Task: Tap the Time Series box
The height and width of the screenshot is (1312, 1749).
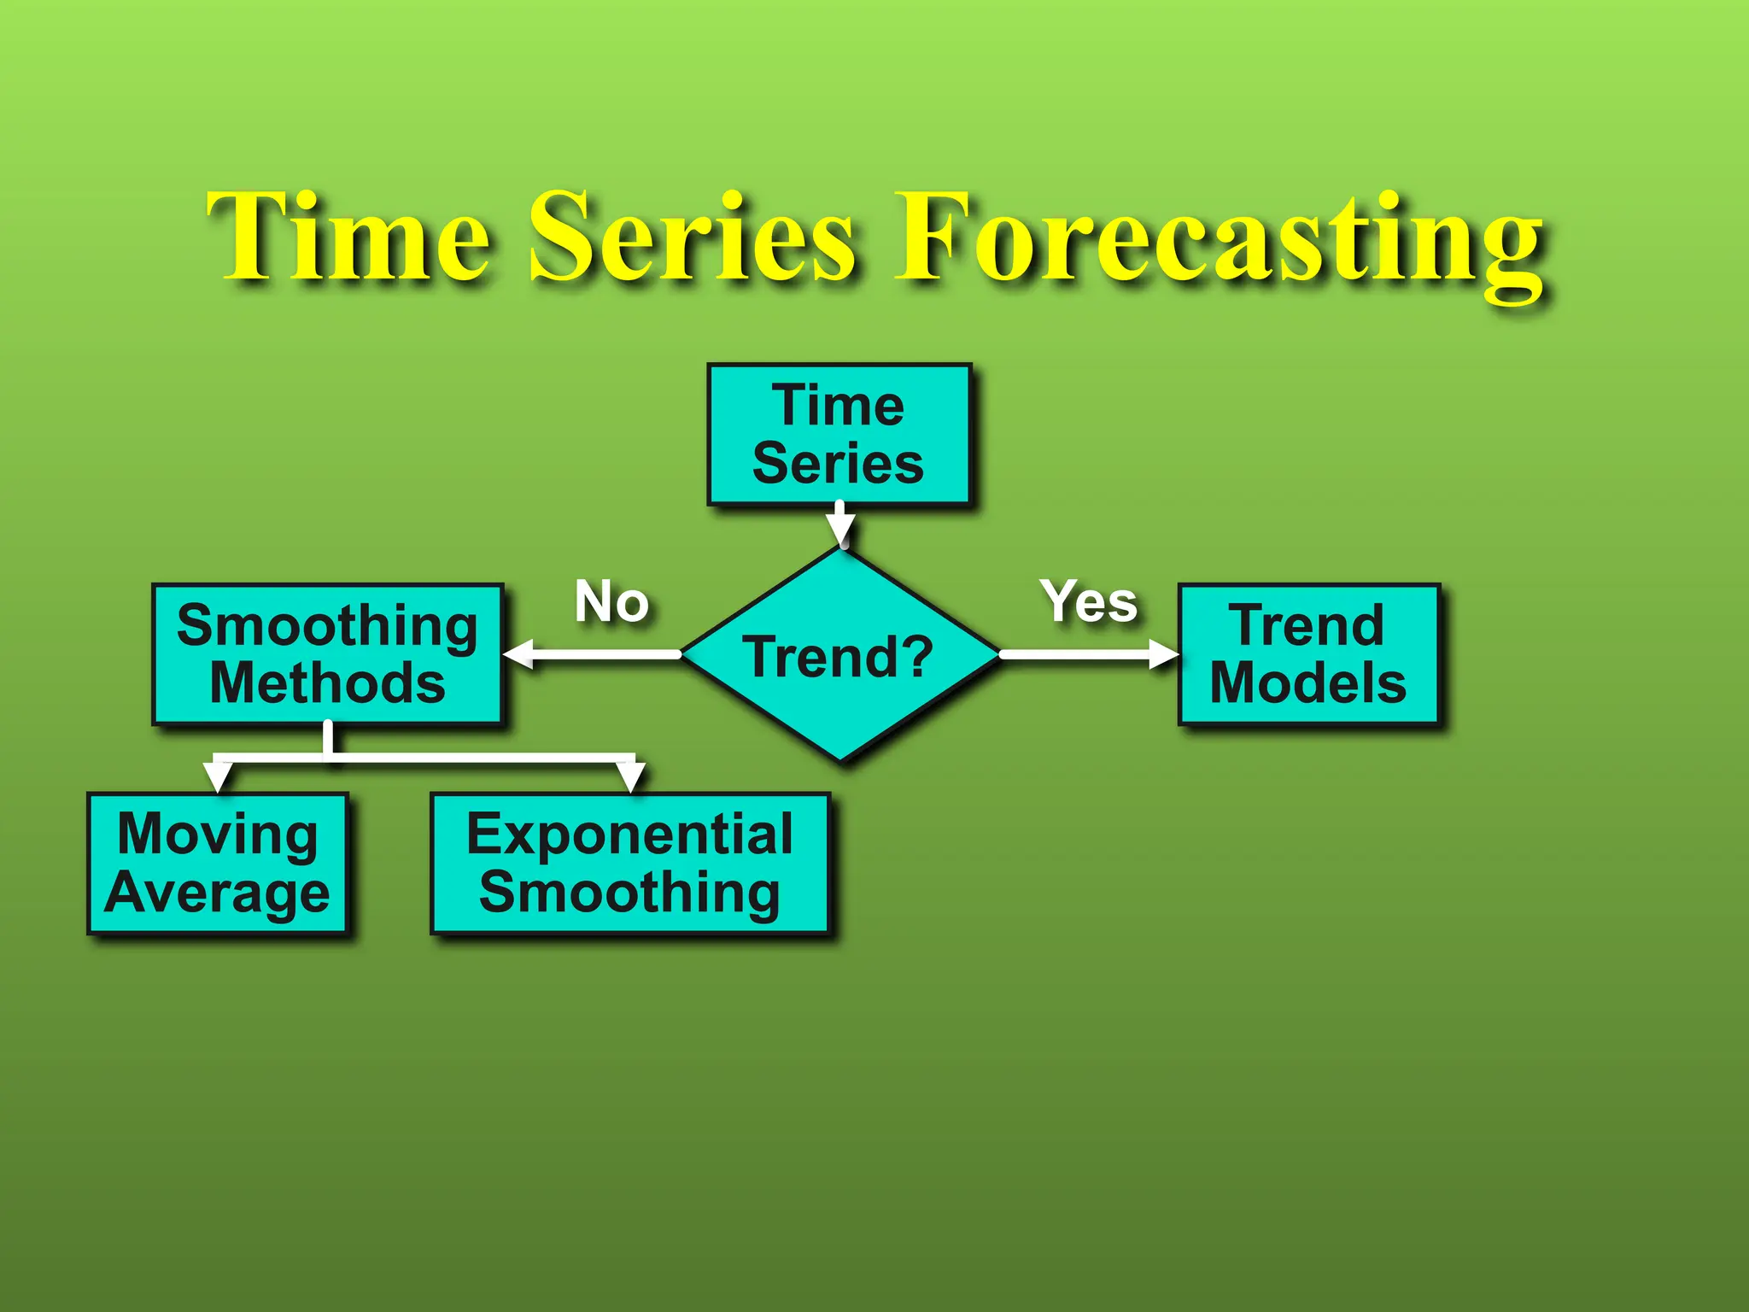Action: (x=839, y=435)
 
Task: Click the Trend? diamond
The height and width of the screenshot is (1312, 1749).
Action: (x=840, y=655)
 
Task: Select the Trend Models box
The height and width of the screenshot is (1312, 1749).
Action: (x=1308, y=654)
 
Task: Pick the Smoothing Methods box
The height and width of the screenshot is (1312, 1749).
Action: (x=328, y=654)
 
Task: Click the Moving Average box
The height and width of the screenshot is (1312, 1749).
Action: (x=218, y=864)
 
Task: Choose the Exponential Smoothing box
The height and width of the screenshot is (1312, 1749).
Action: (x=630, y=864)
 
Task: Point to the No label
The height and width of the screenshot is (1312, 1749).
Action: (x=611, y=601)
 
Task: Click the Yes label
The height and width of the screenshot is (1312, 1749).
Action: (x=1089, y=601)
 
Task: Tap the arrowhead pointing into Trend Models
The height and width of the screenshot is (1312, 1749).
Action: (x=1163, y=655)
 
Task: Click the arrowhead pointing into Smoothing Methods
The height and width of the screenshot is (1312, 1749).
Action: (x=519, y=655)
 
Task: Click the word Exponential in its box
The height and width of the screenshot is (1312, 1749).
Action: (x=630, y=834)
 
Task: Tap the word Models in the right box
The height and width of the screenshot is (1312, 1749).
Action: (x=1308, y=683)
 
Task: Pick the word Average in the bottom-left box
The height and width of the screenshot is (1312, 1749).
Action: (x=218, y=893)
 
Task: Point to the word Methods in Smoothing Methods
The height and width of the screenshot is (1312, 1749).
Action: (x=328, y=683)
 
